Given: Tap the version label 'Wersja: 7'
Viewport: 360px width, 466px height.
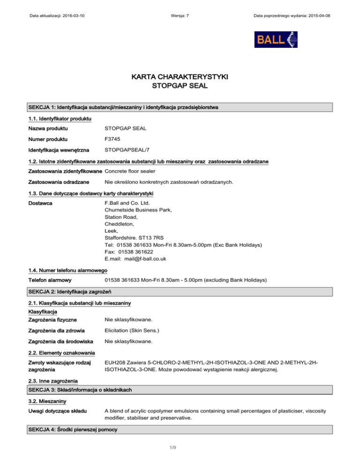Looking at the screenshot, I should pyautogui.click(x=180, y=15).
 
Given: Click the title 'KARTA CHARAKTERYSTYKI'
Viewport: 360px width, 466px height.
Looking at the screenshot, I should pyautogui.click(x=180, y=76).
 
